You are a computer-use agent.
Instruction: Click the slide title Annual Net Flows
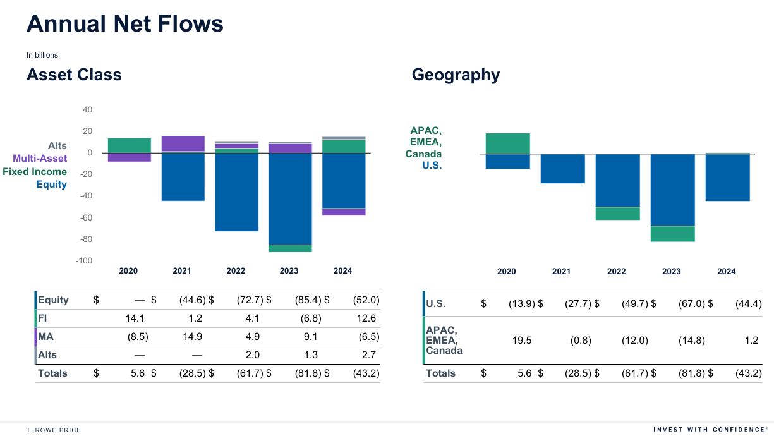pyautogui.click(x=125, y=24)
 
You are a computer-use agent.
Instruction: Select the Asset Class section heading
pyautogui.click(x=74, y=75)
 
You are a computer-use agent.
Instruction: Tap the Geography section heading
pyautogui.click(x=456, y=75)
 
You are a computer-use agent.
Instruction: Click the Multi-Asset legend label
pyautogui.click(x=40, y=159)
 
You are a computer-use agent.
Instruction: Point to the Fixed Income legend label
pyautogui.click(x=35, y=172)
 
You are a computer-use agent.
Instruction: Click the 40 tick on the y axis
pyautogui.click(x=88, y=110)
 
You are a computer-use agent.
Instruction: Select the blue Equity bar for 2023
pyautogui.click(x=290, y=198)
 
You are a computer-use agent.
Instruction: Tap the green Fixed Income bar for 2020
pyautogui.click(x=129, y=145)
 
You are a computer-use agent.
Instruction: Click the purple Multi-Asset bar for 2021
pyautogui.click(x=183, y=143)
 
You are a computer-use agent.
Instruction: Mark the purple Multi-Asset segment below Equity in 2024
pyautogui.click(x=344, y=212)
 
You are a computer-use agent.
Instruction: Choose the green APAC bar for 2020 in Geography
pyautogui.click(x=507, y=143)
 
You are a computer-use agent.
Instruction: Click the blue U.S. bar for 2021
pyautogui.click(x=562, y=169)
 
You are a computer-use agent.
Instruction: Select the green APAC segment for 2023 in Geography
pyautogui.click(x=672, y=234)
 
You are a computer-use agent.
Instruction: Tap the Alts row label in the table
pyautogui.click(x=47, y=355)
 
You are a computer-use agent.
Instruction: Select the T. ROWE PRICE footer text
pyautogui.click(x=54, y=430)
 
